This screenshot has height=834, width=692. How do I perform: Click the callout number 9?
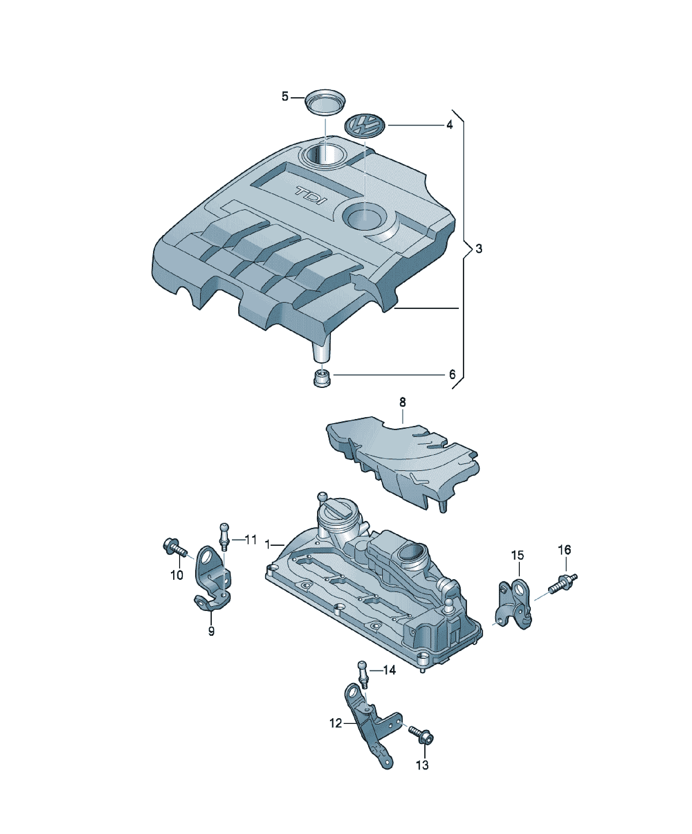[211, 631]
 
